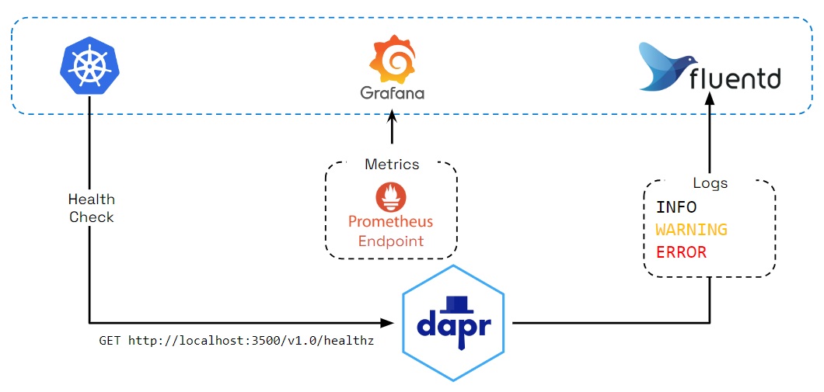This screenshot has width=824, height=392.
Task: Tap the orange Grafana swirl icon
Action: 392,59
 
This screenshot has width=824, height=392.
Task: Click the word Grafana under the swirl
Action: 392,94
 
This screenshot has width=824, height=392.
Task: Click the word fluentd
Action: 735,78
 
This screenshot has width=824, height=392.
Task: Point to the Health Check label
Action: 91,208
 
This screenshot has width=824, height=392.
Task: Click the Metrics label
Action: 392,164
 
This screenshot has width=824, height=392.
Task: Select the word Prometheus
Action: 391,221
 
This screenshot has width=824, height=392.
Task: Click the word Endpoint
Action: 391,241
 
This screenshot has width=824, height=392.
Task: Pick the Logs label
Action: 710,183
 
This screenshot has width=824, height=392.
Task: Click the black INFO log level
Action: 676,207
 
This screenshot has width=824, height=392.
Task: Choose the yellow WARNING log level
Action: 691,230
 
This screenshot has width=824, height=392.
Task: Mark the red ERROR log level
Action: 681,252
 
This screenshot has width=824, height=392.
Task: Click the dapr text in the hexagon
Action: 454,324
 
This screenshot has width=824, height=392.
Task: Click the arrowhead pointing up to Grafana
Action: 392,115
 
